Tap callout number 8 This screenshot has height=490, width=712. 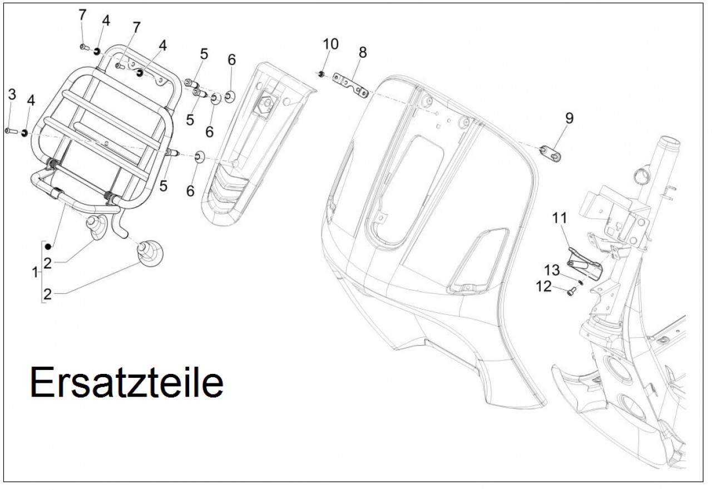tap(363, 53)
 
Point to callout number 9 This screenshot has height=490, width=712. tap(568, 118)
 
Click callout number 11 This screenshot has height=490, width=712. tap(558, 218)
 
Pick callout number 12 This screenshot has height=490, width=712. tap(544, 286)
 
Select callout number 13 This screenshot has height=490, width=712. tap(553, 270)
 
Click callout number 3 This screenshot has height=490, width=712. tap(12, 94)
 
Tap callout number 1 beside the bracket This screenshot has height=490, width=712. tap(36, 273)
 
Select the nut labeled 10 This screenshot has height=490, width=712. tap(323, 73)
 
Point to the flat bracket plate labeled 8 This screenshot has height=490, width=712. tap(350, 84)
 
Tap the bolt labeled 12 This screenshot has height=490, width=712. tap(571, 290)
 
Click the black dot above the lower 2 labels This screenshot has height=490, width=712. tap(49, 246)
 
